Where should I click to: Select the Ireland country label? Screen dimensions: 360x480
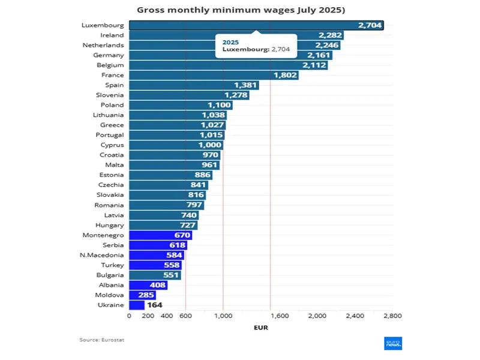pos(112,35)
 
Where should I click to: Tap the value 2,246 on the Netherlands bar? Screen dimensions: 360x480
pos(328,45)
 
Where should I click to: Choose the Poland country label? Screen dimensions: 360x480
pos(112,105)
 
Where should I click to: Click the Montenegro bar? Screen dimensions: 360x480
pos(160,235)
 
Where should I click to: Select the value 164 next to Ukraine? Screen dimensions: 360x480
pos(155,305)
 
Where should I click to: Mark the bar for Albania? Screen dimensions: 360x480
pos(148,285)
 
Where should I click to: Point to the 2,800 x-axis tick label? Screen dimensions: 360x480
pos(392,316)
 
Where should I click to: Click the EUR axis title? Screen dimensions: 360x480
pos(260,328)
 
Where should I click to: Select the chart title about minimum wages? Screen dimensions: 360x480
pos(240,10)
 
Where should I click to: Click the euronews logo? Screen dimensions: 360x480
pos(393,344)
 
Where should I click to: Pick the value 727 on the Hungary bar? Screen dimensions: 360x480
pos(187,226)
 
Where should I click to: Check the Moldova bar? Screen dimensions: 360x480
pos(142,295)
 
